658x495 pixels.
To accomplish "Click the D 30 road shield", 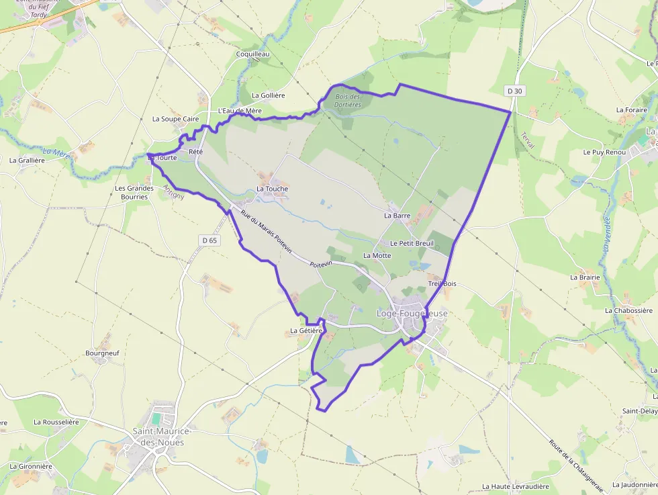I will [x=514, y=90].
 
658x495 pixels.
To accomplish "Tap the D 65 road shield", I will [x=209, y=240].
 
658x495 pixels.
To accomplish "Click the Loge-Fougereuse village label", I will [x=412, y=314].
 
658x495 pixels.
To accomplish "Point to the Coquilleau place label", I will [x=252, y=54].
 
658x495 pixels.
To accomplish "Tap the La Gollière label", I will [x=268, y=95].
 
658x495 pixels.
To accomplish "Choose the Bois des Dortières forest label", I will [x=348, y=101].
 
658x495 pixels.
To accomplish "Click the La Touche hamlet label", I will [x=272, y=189].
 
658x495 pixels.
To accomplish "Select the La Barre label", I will [x=397, y=216].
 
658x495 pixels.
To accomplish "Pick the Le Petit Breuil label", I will [x=412, y=242].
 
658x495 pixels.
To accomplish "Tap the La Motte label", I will [x=377, y=255].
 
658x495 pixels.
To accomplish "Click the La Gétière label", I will [x=307, y=330].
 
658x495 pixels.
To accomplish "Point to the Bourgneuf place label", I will [x=102, y=352].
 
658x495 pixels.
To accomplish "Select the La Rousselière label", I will [x=56, y=422].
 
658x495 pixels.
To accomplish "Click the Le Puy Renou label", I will [x=604, y=152].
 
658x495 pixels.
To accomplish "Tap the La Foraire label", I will [x=631, y=109].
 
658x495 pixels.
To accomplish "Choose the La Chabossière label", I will [x=628, y=310].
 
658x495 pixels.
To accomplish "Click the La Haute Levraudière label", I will [x=515, y=486].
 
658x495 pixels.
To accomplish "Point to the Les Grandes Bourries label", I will [x=134, y=193].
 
